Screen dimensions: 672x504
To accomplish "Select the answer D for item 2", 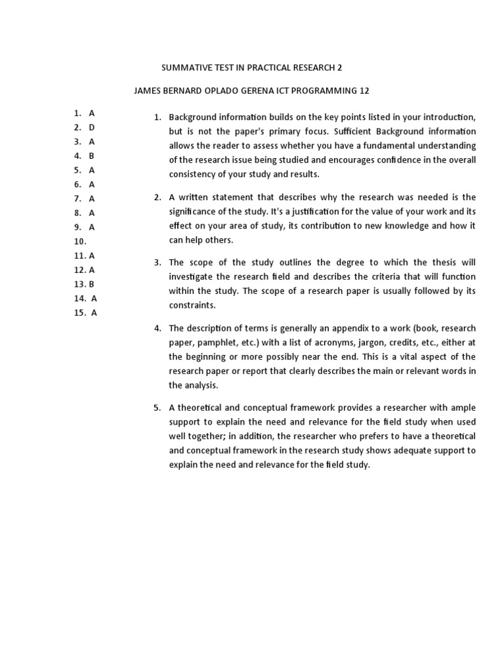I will pos(92,127).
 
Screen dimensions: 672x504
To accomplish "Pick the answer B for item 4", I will pos(92,156).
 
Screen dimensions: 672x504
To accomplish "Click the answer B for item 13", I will pos(92,284).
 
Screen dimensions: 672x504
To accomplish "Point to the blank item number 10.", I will pos(80,241).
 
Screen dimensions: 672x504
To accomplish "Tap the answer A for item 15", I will pos(94,313).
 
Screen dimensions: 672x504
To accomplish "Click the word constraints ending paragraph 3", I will pos(192,306).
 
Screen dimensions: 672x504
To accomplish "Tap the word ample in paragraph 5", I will pos(462,408).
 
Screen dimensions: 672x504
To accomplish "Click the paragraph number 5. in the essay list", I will pos(157,408).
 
